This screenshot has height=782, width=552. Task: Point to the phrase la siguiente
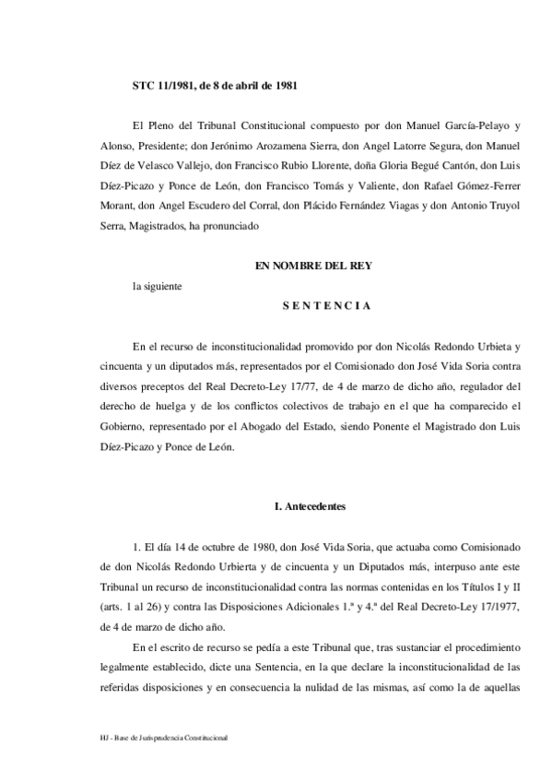point(158,286)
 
